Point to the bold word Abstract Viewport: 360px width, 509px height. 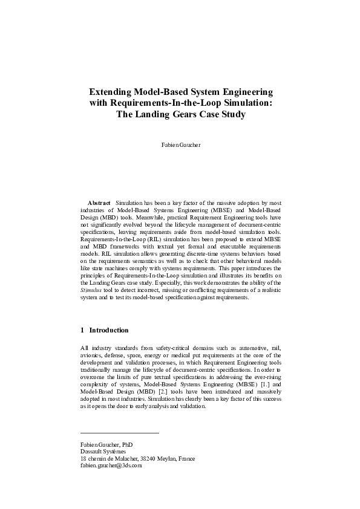99,203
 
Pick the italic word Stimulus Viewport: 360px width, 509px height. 90,290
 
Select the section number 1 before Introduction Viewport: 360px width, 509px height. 82,331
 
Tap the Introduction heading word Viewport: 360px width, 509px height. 109,331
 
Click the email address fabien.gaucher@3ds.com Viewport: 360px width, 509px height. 111,465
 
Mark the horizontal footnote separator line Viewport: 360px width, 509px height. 119,433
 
